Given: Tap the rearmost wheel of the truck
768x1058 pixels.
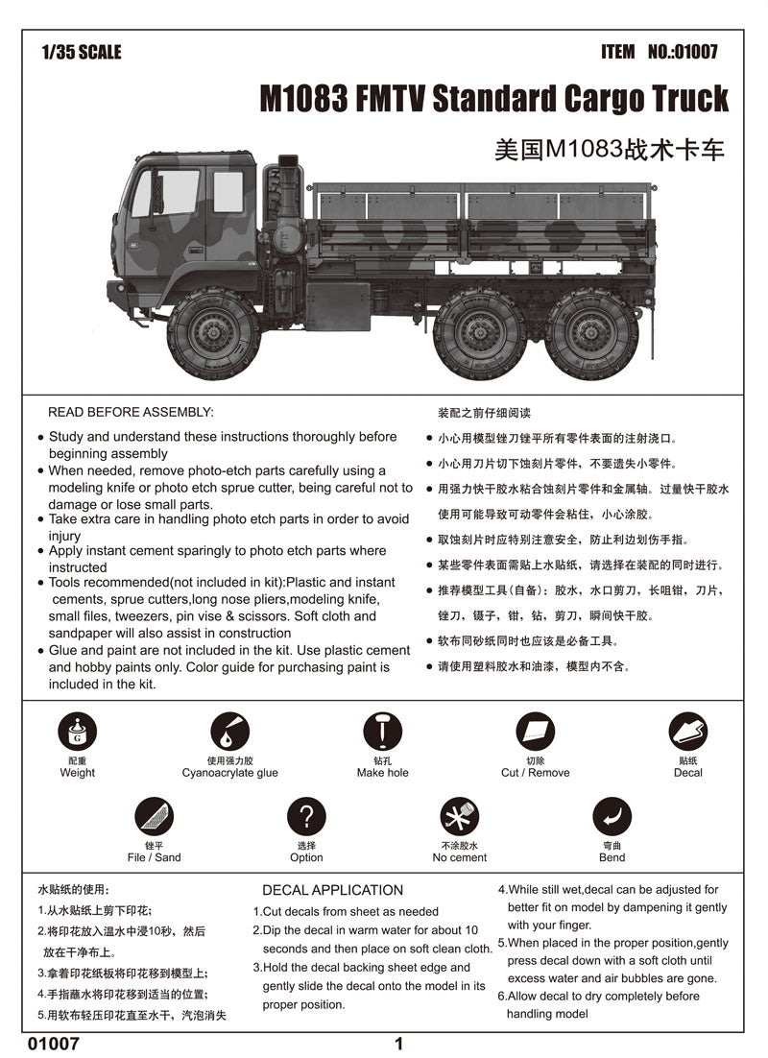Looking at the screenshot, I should (x=592, y=333).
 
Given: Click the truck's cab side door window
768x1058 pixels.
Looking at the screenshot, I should (x=180, y=192).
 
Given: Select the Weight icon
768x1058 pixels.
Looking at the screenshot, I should (x=77, y=733).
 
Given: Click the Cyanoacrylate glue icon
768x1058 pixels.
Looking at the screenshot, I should (x=229, y=733).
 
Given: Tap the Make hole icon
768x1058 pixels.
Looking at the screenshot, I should (x=382, y=733).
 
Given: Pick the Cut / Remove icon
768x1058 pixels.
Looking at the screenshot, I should (x=535, y=733).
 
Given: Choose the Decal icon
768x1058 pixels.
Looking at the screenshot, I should (x=687, y=733).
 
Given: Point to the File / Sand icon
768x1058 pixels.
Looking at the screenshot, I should (x=154, y=817).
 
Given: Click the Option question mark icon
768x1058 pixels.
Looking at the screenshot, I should (x=306, y=817).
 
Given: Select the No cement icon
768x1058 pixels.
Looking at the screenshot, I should (x=459, y=817).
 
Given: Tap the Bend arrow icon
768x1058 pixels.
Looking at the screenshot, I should (x=612, y=817).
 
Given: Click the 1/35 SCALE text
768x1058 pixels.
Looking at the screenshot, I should (x=82, y=52).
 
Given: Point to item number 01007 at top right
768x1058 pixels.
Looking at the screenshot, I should (x=659, y=52).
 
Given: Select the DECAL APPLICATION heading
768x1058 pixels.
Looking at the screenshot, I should (x=332, y=890).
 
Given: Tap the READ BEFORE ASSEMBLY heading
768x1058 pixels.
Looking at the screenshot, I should (x=131, y=412).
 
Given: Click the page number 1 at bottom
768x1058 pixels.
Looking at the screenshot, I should (x=398, y=1044).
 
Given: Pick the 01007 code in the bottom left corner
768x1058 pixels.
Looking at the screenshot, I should (x=54, y=1044).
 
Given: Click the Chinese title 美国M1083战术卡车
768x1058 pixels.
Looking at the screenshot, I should (x=609, y=150).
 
